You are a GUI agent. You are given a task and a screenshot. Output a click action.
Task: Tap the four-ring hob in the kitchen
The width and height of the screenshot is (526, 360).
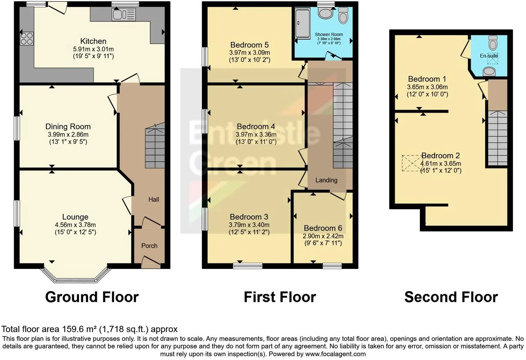[27, 38]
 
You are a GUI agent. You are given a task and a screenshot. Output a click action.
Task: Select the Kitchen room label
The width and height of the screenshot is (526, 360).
[93, 41]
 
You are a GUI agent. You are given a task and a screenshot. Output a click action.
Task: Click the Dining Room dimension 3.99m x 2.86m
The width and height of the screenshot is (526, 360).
[68, 134]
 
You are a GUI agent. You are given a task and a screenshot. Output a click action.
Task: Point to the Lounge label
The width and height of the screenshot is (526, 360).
[75, 217]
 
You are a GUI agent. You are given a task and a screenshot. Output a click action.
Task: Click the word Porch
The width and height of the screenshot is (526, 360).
[149, 246]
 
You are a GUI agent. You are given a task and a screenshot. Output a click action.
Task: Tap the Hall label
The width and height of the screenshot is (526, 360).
[154, 199]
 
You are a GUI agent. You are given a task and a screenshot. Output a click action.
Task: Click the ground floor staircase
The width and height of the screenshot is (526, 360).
[155, 147]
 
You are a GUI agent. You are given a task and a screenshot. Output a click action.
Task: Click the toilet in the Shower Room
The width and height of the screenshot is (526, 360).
[343, 15]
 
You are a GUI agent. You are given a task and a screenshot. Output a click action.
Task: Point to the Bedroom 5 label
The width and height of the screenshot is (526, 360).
[249, 45]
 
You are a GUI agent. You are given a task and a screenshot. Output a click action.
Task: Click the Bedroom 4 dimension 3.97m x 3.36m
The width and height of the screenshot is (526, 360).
[256, 134]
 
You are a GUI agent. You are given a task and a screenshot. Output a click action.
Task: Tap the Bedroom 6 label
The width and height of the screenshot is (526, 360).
[323, 228]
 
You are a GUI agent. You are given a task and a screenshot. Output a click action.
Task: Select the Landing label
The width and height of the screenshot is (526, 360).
[326, 180]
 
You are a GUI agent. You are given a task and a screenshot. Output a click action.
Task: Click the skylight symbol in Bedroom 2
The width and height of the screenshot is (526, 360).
[412, 163]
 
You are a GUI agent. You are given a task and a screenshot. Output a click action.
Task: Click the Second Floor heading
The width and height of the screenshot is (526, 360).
[451, 297]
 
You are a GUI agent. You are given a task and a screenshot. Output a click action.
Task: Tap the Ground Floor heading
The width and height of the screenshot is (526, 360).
[92, 297]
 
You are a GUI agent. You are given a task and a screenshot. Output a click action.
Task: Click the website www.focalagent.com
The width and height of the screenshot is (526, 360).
[335, 354]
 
